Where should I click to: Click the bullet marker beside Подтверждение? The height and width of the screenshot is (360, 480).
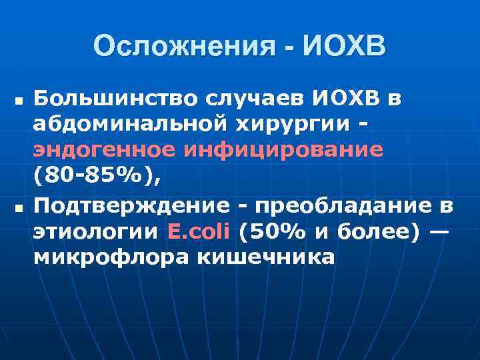18,209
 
